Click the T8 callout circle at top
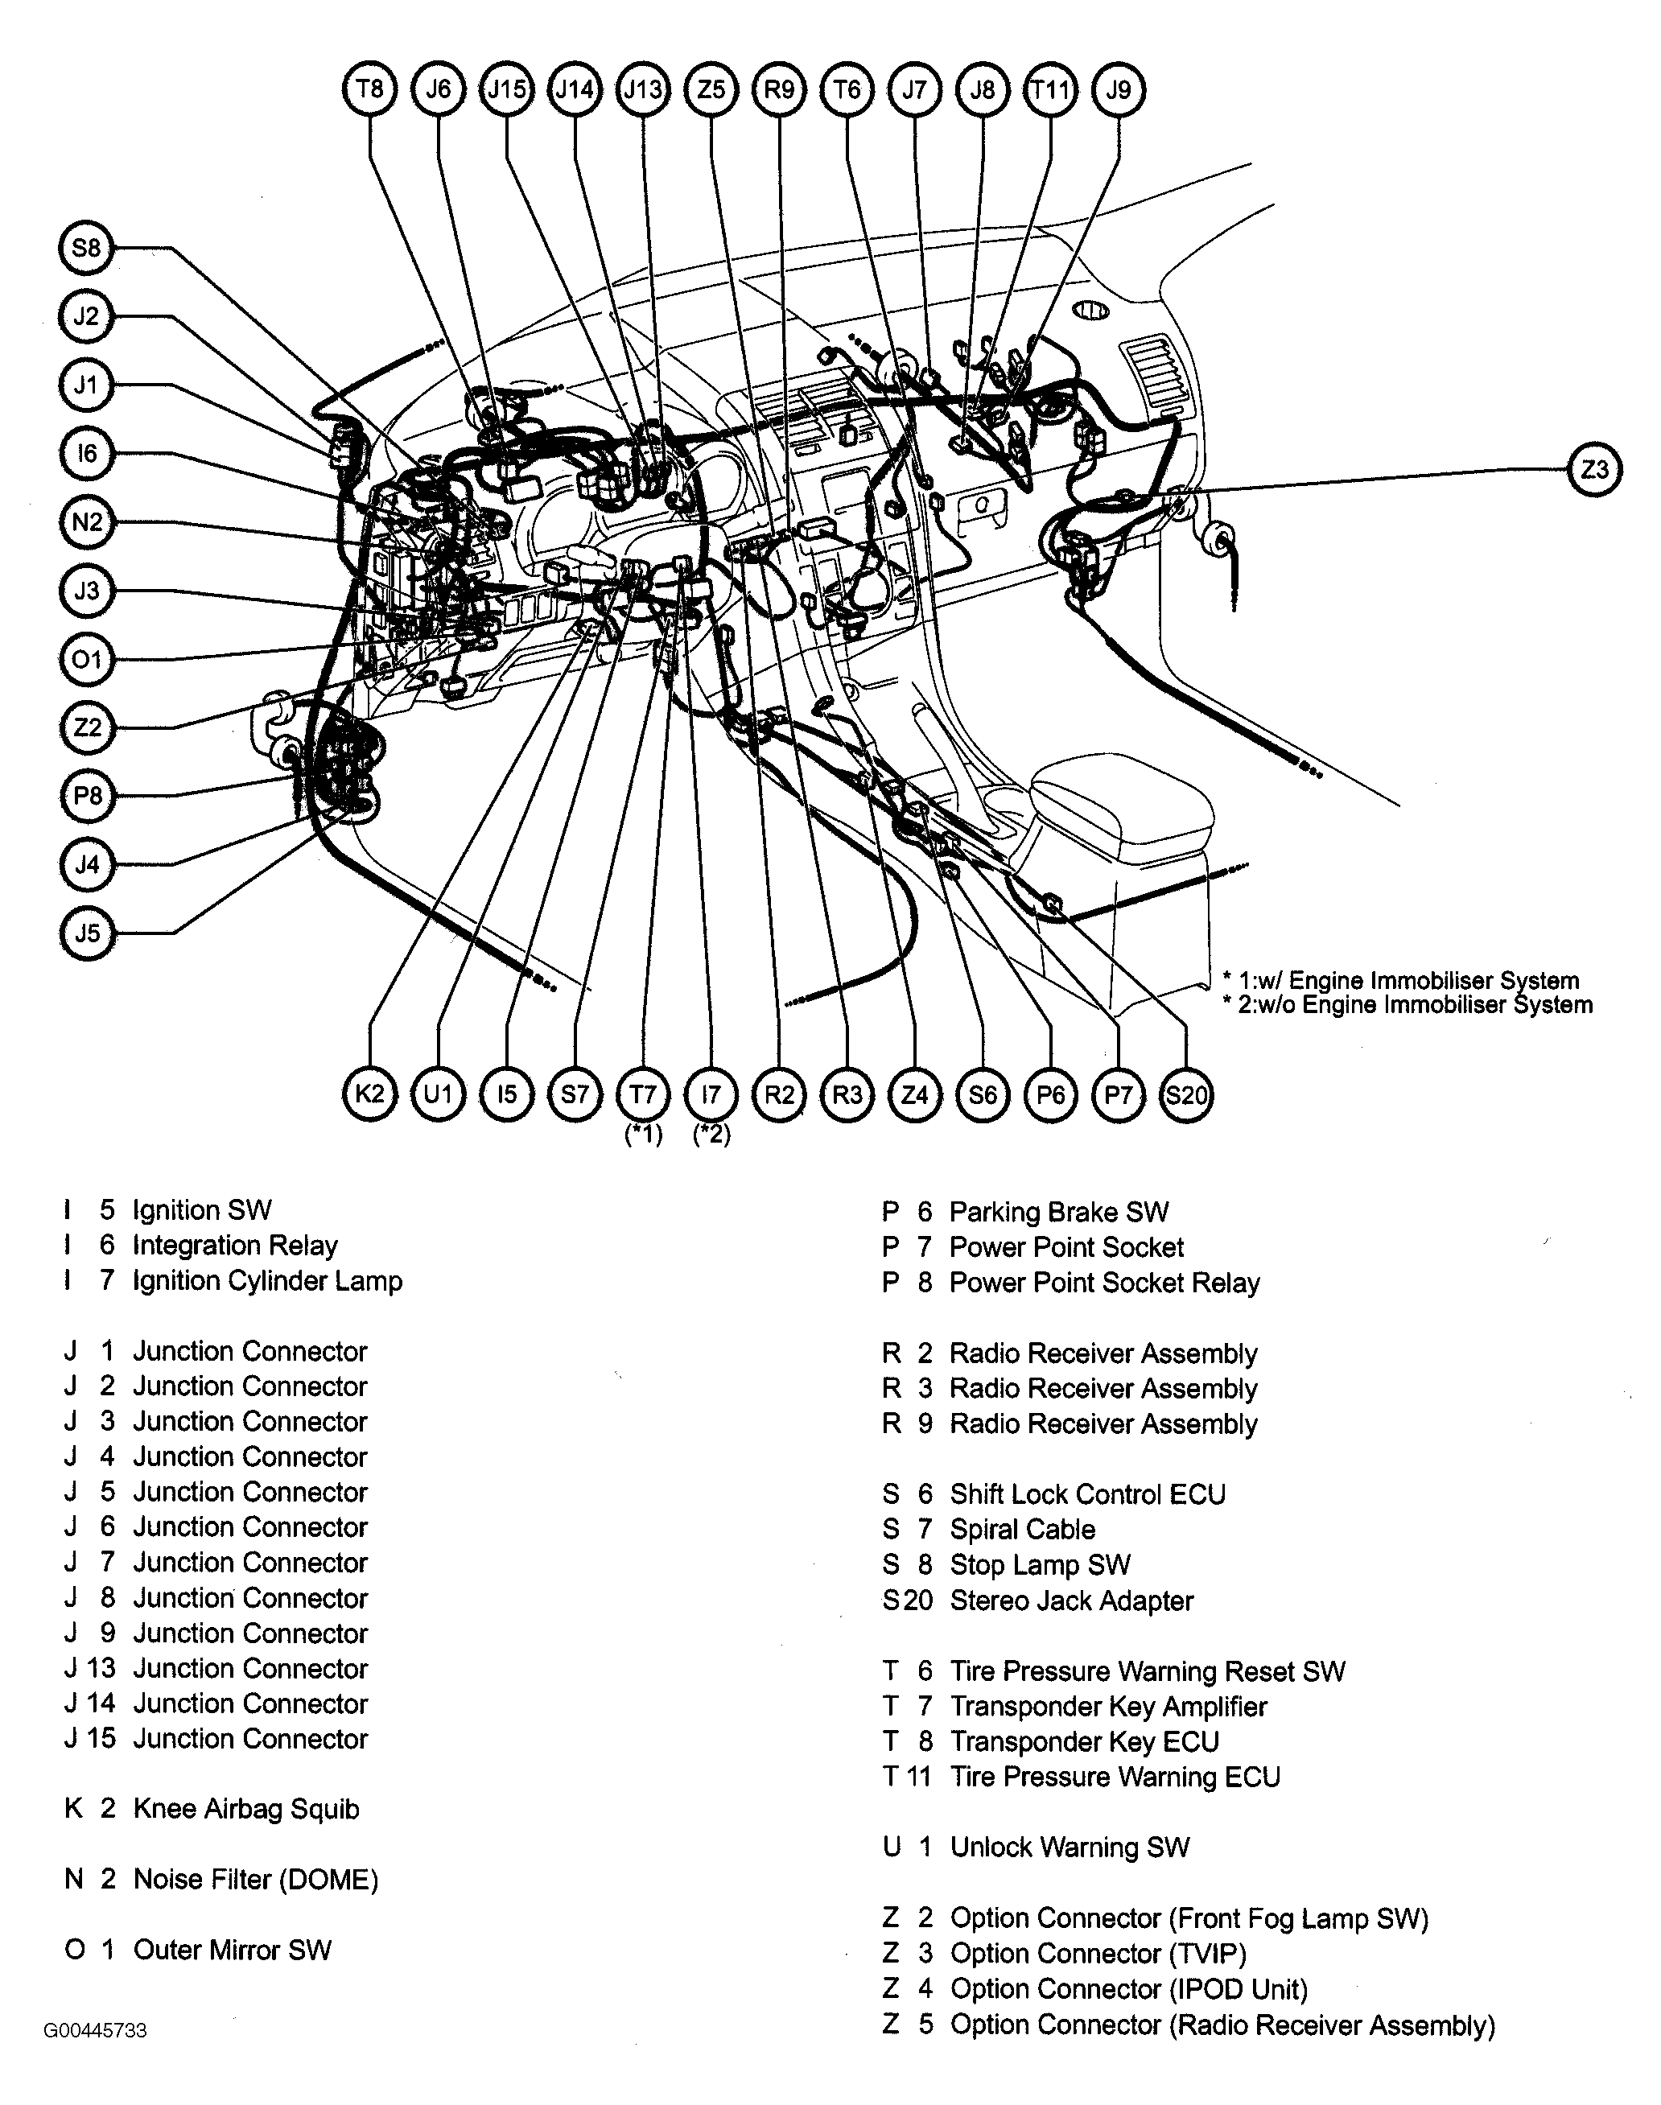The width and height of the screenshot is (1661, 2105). click(369, 90)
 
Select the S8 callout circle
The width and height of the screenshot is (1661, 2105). click(87, 248)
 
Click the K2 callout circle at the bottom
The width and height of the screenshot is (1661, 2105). click(369, 1095)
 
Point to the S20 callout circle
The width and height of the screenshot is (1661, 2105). click(1186, 1096)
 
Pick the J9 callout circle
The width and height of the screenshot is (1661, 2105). click(1119, 90)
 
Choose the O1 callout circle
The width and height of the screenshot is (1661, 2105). click(87, 660)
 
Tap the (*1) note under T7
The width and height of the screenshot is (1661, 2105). click(643, 1135)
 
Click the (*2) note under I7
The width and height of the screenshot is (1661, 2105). click(711, 1135)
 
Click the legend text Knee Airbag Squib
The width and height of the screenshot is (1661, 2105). click(246, 1810)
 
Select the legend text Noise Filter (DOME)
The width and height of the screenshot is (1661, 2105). click(256, 1880)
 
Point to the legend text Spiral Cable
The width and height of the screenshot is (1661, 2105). click(1022, 1530)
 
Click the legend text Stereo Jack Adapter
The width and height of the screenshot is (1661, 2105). click(1070, 1600)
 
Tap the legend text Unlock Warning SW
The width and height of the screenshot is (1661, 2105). click(1070, 1848)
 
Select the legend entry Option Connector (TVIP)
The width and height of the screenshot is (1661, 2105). click(1098, 1954)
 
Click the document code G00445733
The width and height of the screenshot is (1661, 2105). click(94, 2031)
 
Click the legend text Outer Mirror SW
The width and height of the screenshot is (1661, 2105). click(233, 1950)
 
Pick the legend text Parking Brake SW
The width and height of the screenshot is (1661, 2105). click(1058, 1213)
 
